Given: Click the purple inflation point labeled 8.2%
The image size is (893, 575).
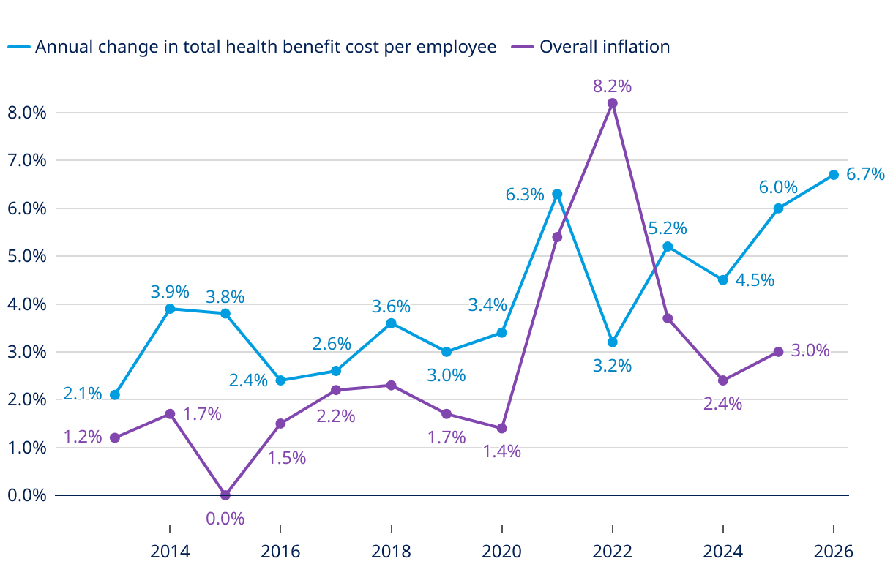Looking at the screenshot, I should point(613,103).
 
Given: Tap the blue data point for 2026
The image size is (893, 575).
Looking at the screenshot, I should point(834,175).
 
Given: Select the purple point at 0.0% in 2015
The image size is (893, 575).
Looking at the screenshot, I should point(225,495).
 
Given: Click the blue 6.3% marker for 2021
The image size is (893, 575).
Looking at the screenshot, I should point(557,194).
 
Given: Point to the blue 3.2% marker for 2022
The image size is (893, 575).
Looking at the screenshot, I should point(613,342).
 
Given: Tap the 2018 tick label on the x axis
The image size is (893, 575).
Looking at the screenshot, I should point(391,552).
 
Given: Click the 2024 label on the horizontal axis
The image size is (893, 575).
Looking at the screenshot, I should point(723,552).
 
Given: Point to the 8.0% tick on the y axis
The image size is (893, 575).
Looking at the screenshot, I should point(26,113).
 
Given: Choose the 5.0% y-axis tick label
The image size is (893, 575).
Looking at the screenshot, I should point(26,257).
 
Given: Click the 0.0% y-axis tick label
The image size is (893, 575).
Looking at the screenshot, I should point(26,495).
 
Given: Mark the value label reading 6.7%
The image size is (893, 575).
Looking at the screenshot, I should point(865,174).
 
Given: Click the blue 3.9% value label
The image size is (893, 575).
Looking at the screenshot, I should point(170,291).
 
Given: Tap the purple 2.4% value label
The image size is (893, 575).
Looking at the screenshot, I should point(722,403).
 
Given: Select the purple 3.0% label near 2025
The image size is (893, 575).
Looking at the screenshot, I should point(810,350).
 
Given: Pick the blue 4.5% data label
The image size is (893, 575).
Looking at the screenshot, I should point(755,280).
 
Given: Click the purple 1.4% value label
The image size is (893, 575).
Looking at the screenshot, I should point(501,451).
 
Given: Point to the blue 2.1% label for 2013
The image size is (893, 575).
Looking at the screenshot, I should point(82,394).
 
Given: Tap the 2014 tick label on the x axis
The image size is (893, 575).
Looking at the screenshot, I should point(170,552).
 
